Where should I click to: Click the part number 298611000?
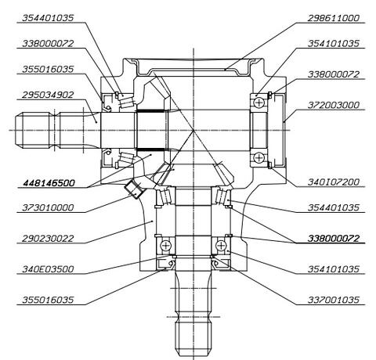pyautogui.click(x=334, y=18)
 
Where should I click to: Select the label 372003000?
pyautogui.click(x=334, y=105)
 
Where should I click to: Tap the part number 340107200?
pyautogui.click(x=334, y=182)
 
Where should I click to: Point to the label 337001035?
pyautogui.click(x=334, y=300)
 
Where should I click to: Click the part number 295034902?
pyautogui.click(x=48, y=95)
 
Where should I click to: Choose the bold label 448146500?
pyautogui.click(x=49, y=183)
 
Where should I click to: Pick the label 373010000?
pyautogui.click(x=48, y=207)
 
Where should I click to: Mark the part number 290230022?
pyautogui.click(x=48, y=239)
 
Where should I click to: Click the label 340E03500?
pyautogui.click(x=48, y=269)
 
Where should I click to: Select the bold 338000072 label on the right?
pyautogui.click(x=334, y=239)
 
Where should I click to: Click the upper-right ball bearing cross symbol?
pyautogui.click(x=258, y=103)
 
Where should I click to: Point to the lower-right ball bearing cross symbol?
pyautogui.click(x=258, y=157)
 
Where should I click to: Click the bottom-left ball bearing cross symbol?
pyautogui.click(x=165, y=246)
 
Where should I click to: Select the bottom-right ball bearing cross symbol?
pyautogui.click(x=221, y=246)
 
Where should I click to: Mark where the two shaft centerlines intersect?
pyautogui.click(x=193, y=130)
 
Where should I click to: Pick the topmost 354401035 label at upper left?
pyautogui.click(x=48, y=18)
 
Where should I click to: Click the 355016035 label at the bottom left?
pyautogui.click(x=48, y=300)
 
